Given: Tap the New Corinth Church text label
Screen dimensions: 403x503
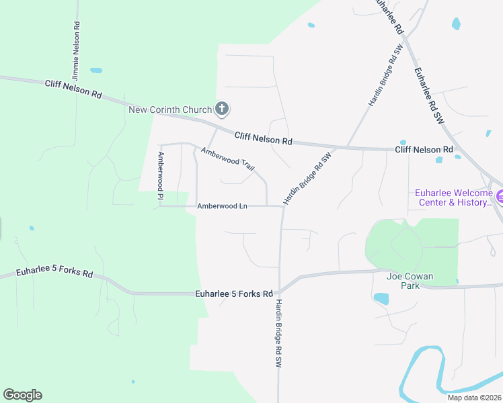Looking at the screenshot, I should [170, 109].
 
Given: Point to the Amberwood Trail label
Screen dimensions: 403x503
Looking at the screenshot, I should [227, 159].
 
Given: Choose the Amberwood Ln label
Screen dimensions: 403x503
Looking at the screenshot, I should [223, 206].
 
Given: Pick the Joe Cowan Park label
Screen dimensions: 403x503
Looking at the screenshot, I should [410, 281].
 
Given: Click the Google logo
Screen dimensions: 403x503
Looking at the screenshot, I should [22, 395].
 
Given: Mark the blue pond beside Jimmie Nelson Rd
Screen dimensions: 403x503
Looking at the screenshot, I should [96, 70].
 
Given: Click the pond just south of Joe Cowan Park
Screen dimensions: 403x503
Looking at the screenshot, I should [381, 298].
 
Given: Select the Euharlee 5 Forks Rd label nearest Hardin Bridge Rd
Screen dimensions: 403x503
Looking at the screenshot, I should [234, 294].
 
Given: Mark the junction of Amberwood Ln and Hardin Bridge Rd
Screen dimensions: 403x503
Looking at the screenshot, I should [282, 206].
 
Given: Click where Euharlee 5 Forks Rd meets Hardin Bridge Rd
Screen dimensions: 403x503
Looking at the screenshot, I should [279, 290].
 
